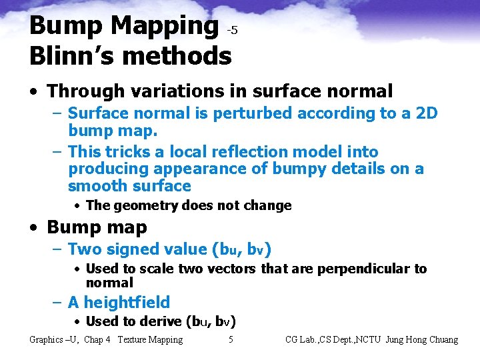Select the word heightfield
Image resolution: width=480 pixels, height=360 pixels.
[x=127, y=303]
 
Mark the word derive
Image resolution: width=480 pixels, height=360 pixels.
[x=160, y=321]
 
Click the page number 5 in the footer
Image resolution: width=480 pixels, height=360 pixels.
[x=231, y=340]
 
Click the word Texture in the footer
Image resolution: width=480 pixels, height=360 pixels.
[x=133, y=340]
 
